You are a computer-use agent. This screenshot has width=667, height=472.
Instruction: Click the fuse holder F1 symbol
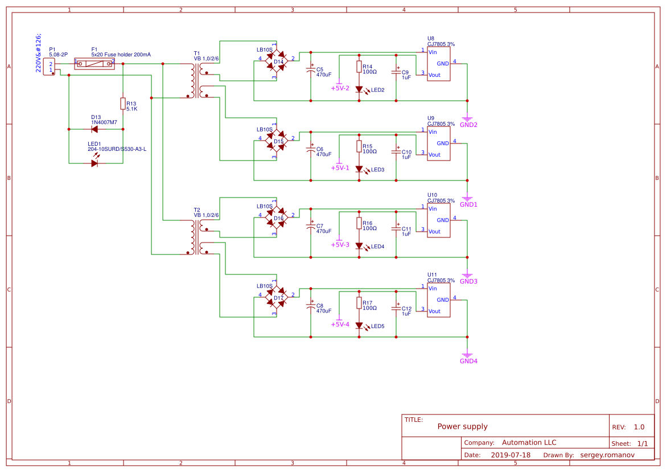(x=94, y=64)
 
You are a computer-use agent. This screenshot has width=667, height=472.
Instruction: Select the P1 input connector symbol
(x=48, y=67)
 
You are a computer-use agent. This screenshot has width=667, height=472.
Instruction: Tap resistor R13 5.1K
(x=122, y=103)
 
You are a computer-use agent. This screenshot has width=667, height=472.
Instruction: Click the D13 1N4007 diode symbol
(x=94, y=129)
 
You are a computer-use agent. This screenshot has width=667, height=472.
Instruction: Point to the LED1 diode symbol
(x=94, y=163)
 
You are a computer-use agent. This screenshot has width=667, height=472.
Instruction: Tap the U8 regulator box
(x=438, y=64)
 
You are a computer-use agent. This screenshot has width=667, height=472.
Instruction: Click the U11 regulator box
(x=438, y=300)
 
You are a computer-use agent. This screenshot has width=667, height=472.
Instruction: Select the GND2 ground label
(x=468, y=124)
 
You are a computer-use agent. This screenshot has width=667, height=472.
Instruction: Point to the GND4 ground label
(x=468, y=360)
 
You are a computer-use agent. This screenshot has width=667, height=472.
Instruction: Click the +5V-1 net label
(x=340, y=168)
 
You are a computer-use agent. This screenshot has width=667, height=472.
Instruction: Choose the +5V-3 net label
(x=340, y=245)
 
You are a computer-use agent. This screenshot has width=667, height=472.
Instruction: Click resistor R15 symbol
(x=359, y=146)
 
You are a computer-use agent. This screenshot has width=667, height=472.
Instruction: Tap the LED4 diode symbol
(x=359, y=246)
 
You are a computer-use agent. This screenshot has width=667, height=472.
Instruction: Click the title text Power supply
(x=462, y=426)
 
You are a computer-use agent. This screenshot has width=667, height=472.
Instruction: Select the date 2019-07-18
(x=510, y=455)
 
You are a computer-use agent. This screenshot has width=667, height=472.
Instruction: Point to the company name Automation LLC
(x=529, y=442)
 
